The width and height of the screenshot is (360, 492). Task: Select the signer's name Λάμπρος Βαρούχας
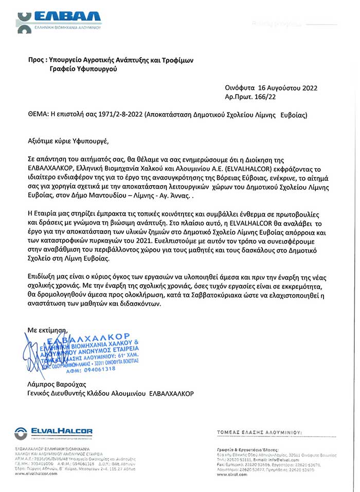tap(57, 384)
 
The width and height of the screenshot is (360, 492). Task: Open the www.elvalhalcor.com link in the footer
tap(35, 473)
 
